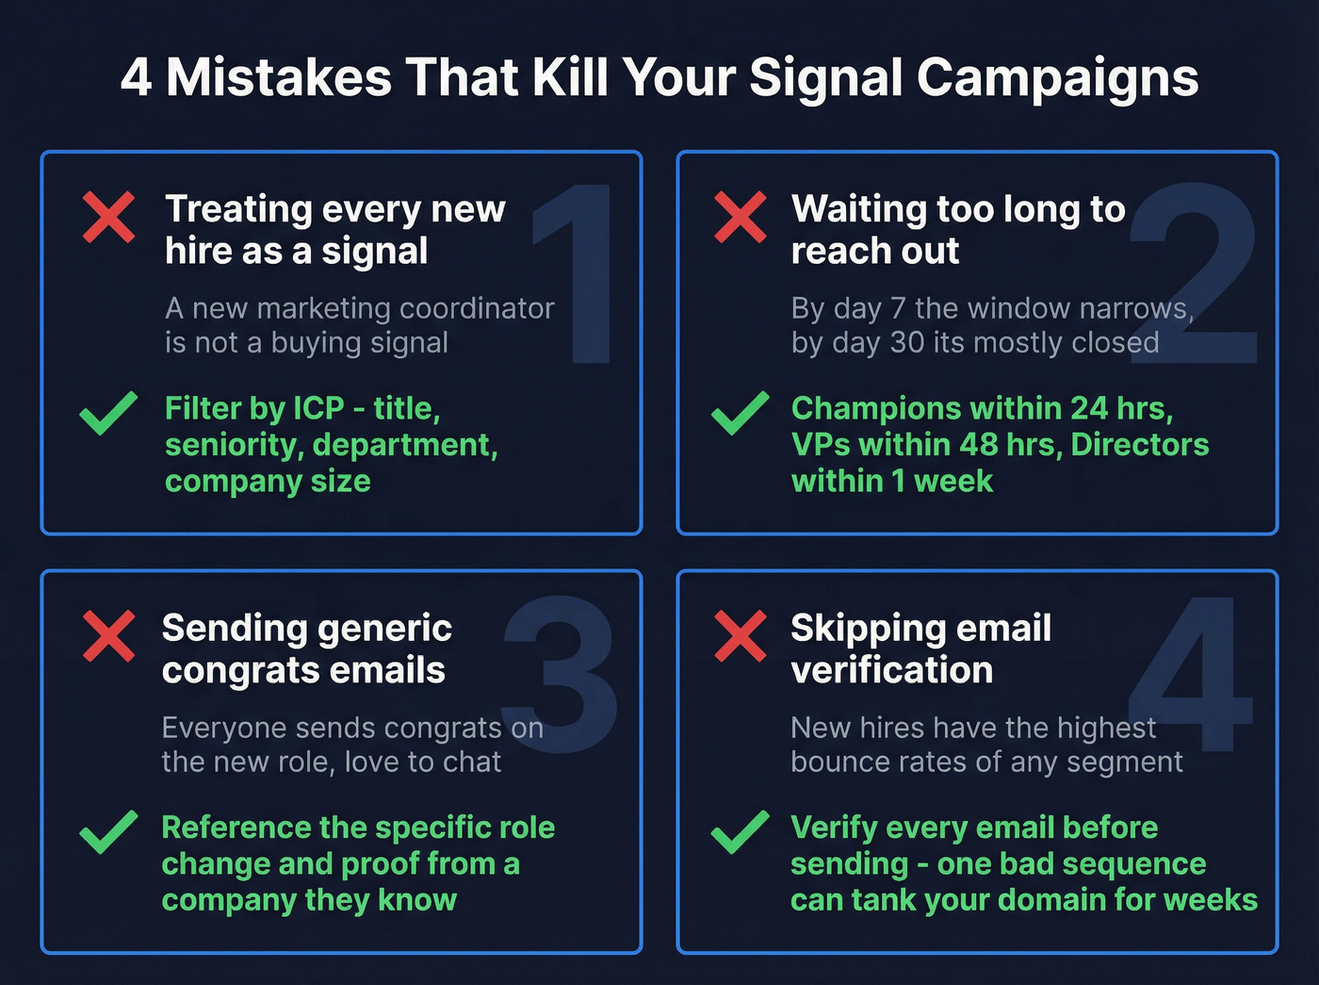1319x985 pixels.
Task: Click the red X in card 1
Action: (108, 217)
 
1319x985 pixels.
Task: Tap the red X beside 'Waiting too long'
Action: (740, 217)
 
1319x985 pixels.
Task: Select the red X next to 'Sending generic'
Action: (108, 636)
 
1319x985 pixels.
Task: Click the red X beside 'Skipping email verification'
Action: (740, 636)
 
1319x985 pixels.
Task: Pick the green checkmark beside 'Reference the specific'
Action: (108, 832)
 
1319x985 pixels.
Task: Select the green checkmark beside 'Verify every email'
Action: (740, 832)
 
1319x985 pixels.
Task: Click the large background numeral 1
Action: (577, 273)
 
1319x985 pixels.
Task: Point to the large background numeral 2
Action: (1195, 273)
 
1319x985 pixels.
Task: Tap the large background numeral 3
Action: (560, 674)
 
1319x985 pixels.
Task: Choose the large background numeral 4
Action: (1193, 674)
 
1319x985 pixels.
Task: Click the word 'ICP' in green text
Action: (318, 408)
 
